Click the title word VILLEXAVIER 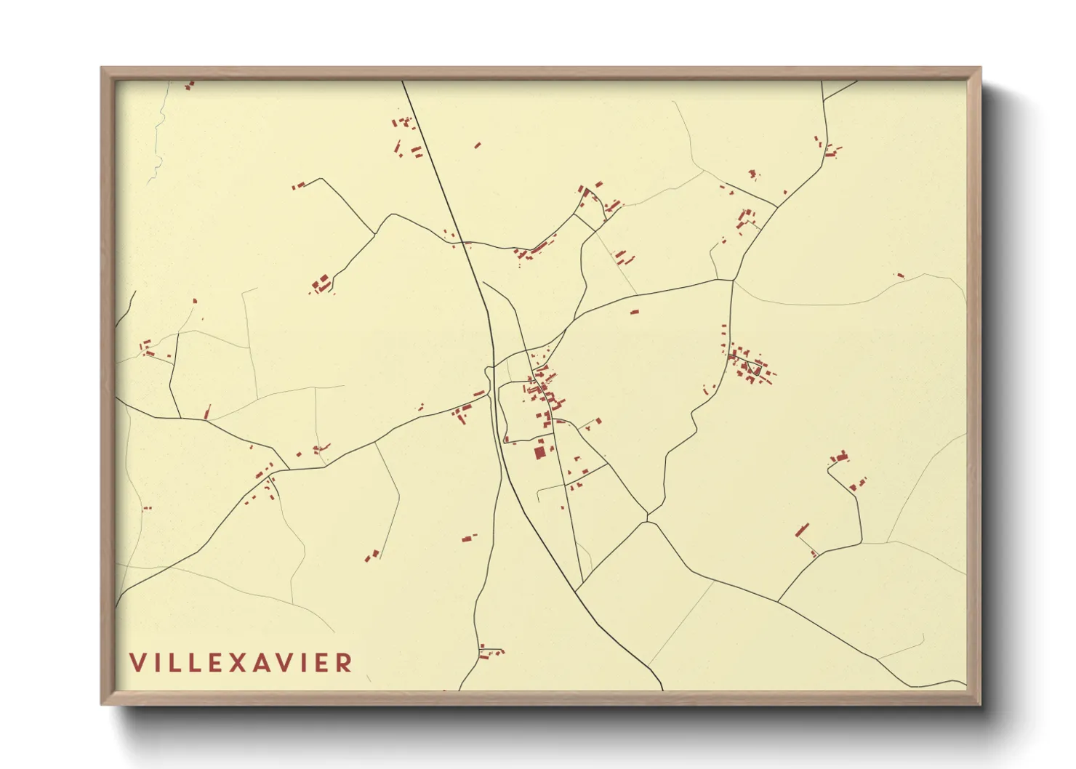pos(241,663)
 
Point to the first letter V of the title pos(137,663)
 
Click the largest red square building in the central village pos(539,453)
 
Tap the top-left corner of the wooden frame pos(103,69)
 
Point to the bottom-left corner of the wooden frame pos(103,703)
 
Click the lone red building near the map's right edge pos(900,275)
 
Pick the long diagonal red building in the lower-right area pos(803,529)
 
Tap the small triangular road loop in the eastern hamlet pos(756,370)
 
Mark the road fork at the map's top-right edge pos(826,99)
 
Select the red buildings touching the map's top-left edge pos(190,85)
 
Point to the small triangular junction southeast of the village pos(646,517)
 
